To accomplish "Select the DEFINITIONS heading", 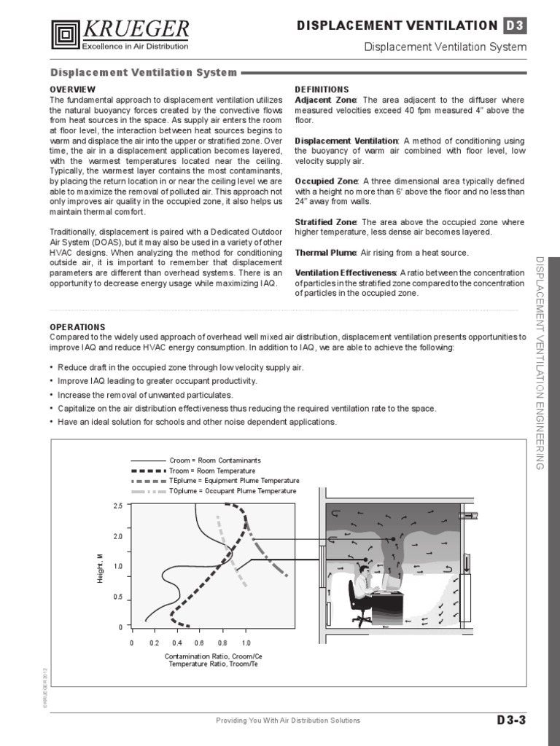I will point(322,89).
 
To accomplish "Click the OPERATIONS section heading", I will point(77,327).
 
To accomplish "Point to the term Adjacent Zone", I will point(325,99).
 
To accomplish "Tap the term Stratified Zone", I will point(325,221).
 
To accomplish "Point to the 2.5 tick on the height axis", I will point(117,506).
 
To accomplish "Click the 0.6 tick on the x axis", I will point(200,643).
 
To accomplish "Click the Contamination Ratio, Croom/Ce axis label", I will point(214,656).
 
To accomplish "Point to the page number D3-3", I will point(511,721).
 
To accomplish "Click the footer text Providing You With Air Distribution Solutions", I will point(288,721).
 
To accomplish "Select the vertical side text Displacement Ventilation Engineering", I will point(540,362).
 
